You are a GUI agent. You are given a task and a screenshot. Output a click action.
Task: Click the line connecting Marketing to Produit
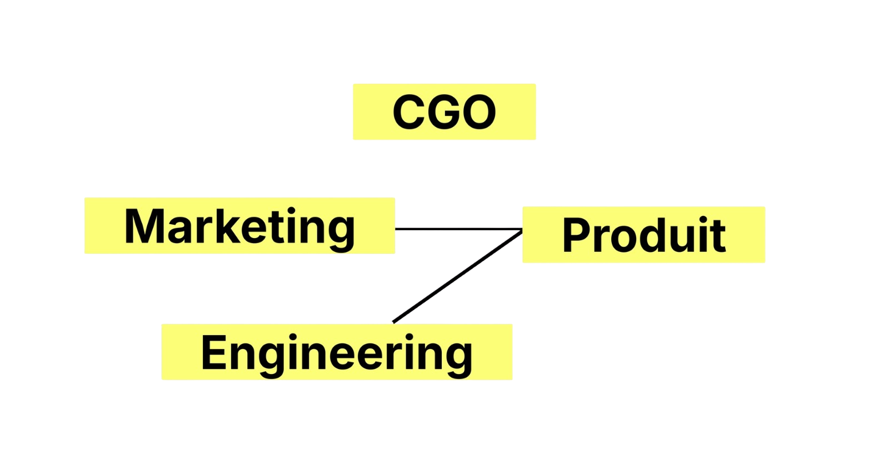tap(456, 228)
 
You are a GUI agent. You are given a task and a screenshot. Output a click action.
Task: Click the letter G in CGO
tap(444, 112)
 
